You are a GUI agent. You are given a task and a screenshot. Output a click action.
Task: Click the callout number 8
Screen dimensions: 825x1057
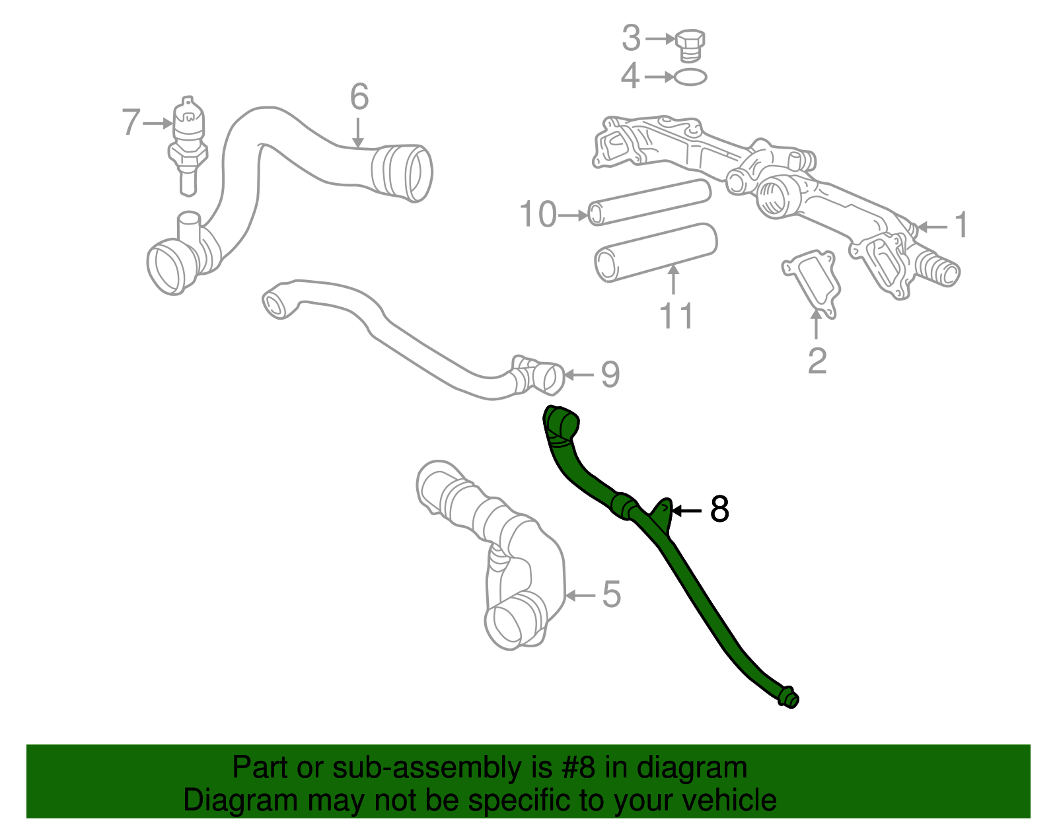[719, 510]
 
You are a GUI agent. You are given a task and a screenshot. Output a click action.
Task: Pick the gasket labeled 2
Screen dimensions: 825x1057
[812, 282]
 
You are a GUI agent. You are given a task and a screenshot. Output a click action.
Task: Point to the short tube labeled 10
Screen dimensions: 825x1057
[649, 201]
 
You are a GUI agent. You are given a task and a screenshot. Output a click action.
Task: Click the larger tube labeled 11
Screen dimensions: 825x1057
[656, 252]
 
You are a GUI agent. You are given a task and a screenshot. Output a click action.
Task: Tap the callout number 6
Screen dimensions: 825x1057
[359, 97]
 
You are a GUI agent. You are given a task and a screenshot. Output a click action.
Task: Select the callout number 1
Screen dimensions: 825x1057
[962, 225]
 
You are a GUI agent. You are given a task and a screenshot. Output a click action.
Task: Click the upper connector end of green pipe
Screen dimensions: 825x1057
[560, 423]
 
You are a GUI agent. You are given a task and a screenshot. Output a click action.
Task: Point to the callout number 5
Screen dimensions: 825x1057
[612, 594]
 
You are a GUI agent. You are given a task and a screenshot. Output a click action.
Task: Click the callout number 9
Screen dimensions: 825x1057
[610, 375]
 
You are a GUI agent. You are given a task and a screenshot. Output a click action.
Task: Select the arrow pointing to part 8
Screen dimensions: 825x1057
[687, 511]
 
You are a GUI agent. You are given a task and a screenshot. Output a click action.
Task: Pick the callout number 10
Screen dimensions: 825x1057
[537, 215]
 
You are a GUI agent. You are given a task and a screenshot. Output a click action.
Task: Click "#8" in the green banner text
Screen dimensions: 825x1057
[579, 768]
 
